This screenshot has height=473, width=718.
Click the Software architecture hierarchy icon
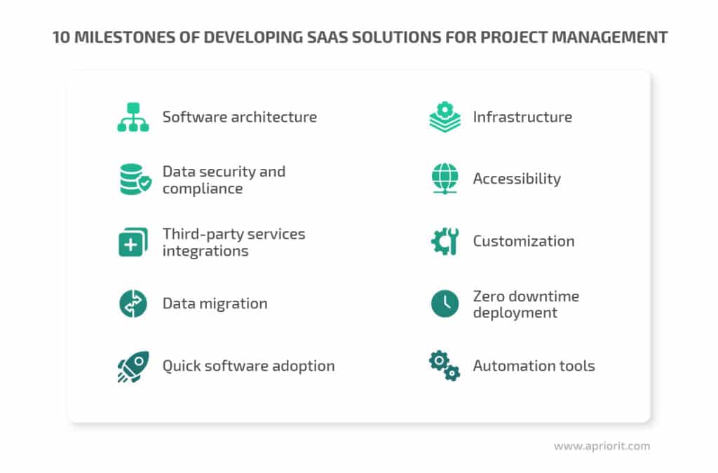point(133,117)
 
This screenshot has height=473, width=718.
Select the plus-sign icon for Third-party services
point(133,242)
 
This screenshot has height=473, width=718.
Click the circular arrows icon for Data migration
point(133,303)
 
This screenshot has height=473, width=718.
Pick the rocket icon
point(133,366)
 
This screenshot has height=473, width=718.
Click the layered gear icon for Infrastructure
point(445,117)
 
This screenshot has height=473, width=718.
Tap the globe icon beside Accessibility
point(445,179)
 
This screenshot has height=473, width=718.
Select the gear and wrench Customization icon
point(445,241)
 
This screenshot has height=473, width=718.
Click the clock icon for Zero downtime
point(445,303)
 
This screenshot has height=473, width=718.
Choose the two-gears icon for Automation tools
point(445,366)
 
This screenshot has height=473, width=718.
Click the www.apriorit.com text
point(602,446)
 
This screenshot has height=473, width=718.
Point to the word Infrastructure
point(522,117)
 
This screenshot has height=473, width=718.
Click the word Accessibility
point(517,179)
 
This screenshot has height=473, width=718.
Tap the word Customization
point(524,241)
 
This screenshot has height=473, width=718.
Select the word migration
point(234,303)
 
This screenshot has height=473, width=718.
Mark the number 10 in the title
point(62,38)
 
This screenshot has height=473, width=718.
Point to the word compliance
point(203,188)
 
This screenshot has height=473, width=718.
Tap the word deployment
point(515,313)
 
